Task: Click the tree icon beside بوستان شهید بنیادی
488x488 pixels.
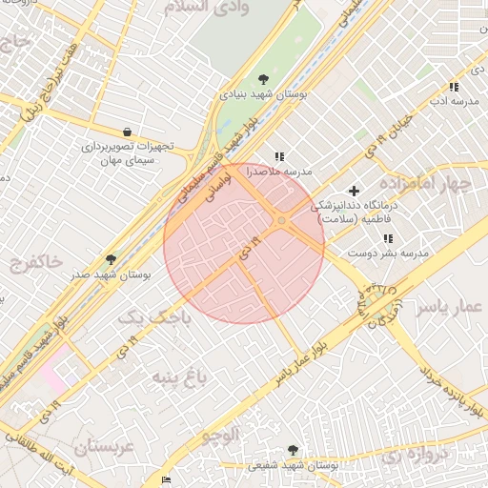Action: (x=264, y=79)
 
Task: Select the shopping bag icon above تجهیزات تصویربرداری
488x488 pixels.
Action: (x=127, y=132)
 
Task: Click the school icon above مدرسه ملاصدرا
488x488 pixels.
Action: (x=278, y=156)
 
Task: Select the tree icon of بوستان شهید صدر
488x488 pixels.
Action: (x=111, y=258)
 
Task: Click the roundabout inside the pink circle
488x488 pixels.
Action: (x=281, y=222)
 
